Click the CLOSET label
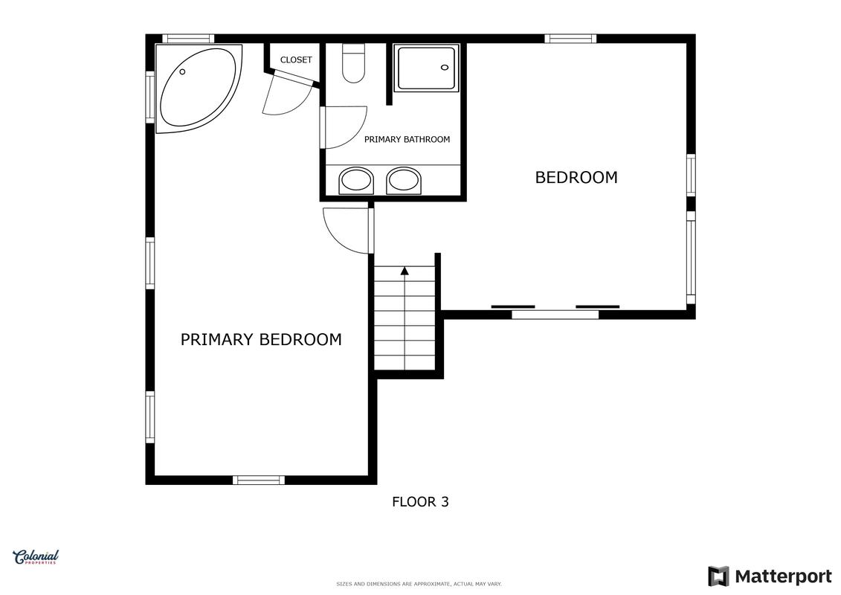(x=296, y=60)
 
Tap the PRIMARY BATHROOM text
(x=407, y=140)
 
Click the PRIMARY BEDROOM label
(x=261, y=340)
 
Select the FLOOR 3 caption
(x=421, y=502)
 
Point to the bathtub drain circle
(x=182, y=72)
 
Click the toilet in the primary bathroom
(x=353, y=63)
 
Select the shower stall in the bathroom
(x=426, y=68)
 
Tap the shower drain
(x=445, y=68)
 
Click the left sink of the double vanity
(x=356, y=180)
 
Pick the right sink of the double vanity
(x=404, y=180)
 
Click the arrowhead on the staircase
(x=405, y=271)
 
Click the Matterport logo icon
(x=718, y=576)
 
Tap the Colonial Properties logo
(x=36, y=558)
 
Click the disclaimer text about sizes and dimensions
(x=419, y=584)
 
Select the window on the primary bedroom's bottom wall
(x=259, y=480)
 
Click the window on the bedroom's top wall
(x=570, y=39)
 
